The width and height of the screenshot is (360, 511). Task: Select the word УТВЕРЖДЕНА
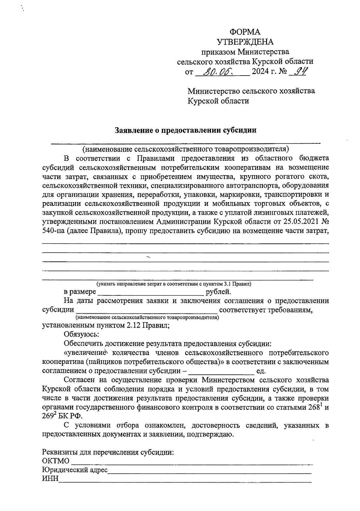[245, 42]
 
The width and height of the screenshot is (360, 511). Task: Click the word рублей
[218, 292]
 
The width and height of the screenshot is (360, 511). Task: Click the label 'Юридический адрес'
[75, 470]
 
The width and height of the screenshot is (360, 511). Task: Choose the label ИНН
[50, 479]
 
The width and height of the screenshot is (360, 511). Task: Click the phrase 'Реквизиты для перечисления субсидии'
[108, 452]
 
